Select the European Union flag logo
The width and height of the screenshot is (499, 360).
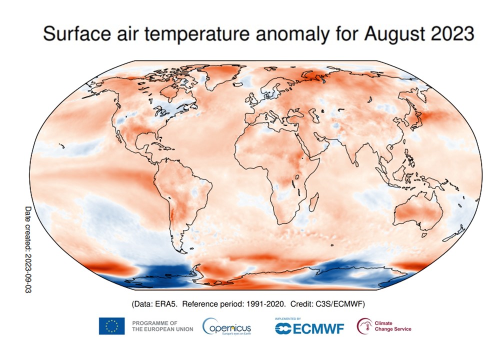pos(111,326)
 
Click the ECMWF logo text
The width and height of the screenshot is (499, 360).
pos(309,328)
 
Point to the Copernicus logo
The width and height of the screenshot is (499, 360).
pos(226,327)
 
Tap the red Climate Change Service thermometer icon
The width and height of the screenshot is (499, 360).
pos(364,326)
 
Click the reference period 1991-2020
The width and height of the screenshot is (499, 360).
pos(268,304)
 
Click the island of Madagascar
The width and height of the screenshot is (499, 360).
pos(314,203)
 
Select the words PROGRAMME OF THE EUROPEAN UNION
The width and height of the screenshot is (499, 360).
pos(162,326)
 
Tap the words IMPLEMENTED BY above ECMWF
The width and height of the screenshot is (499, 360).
pos(288,318)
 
